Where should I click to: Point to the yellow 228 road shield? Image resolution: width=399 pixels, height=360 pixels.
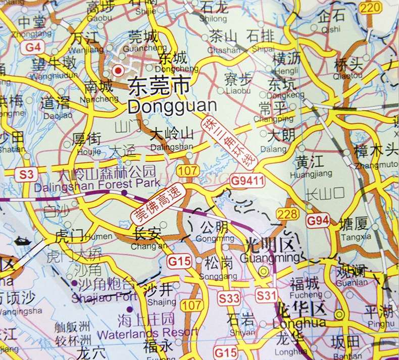coord(287,214)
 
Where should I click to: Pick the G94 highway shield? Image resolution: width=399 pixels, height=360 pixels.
coord(318,221)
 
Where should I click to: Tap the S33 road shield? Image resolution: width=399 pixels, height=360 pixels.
coord(229,298)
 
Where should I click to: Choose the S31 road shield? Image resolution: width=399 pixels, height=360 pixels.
coord(266,296)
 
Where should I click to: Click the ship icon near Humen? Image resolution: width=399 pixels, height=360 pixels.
coord(23,241)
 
